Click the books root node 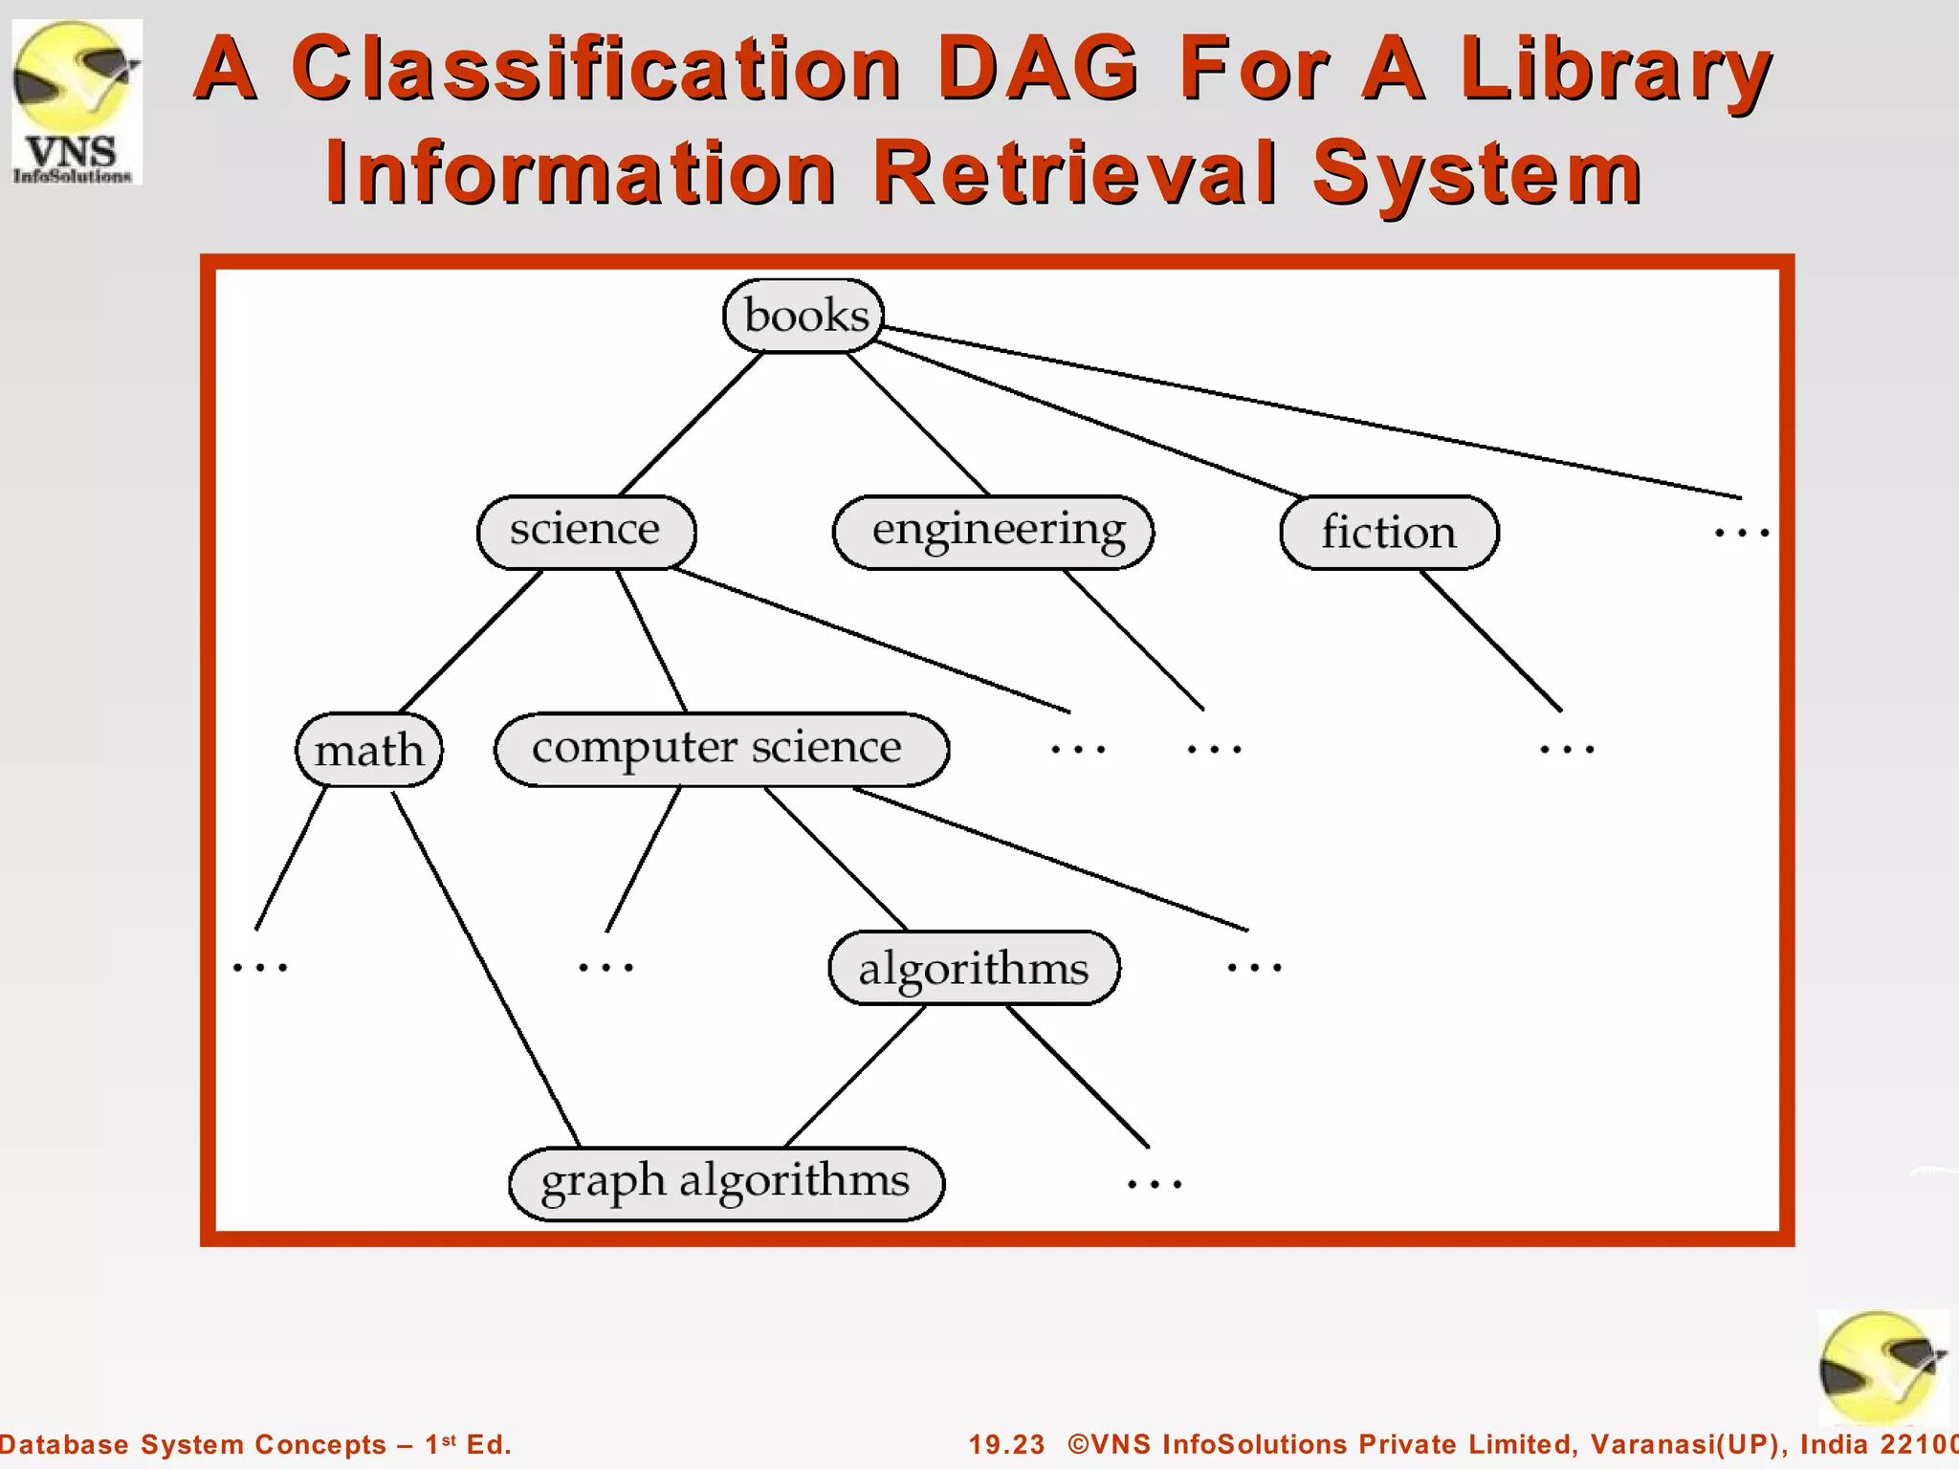pyautogui.click(x=804, y=316)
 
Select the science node pyautogui.click(x=586, y=532)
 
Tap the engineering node pyautogui.click(x=994, y=532)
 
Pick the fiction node pyautogui.click(x=1389, y=532)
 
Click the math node pyautogui.click(x=369, y=750)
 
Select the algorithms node pyautogui.click(x=974, y=967)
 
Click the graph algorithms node pyautogui.click(x=726, y=1183)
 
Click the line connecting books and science pyautogui.click(x=692, y=424)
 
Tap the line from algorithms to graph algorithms pyautogui.click(x=855, y=1076)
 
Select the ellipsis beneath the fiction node pyautogui.click(x=1567, y=749)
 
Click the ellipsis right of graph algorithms pyautogui.click(x=1155, y=1184)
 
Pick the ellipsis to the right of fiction pyautogui.click(x=1741, y=532)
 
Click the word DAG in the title pyautogui.click(x=1038, y=69)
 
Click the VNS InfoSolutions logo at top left pyautogui.click(x=77, y=101)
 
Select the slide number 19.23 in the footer pyautogui.click(x=1006, y=1444)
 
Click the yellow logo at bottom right pyautogui.click(x=1881, y=1368)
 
